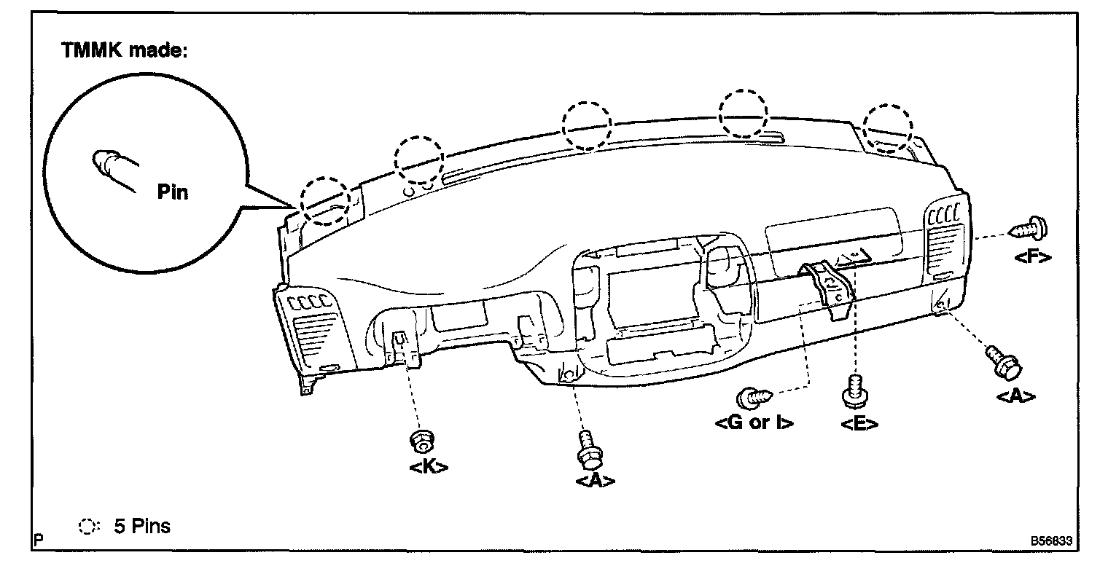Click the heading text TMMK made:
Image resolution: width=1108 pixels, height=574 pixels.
pyautogui.click(x=125, y=51)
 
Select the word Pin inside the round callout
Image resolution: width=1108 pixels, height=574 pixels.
pyautogui.click(x=173, y=192)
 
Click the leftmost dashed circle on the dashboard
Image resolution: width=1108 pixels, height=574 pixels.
pyautogui.click(x=325, y=198)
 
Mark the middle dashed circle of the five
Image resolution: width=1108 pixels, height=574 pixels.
pyautogui.click(x=588, y=125)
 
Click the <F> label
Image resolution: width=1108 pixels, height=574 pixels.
pyautogui.click(x=1031, y=256)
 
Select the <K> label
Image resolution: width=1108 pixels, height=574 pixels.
pyautogui.click(x=429, y=465)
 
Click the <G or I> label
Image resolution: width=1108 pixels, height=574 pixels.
pyautogui.click(x=755, y=422)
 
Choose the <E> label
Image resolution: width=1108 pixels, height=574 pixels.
pyautogui.click(x=859, y=424)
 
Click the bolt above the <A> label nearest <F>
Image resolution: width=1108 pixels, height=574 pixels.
pyautogui.click(x=1004, y=362)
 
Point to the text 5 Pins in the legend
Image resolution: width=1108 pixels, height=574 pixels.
pyautogui.click(x=142, y=526)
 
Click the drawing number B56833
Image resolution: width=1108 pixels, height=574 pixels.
pyautogui.click(x=1051, y=542)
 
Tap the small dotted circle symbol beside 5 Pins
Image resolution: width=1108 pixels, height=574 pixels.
pyautogui.click(x=87, y=527)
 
